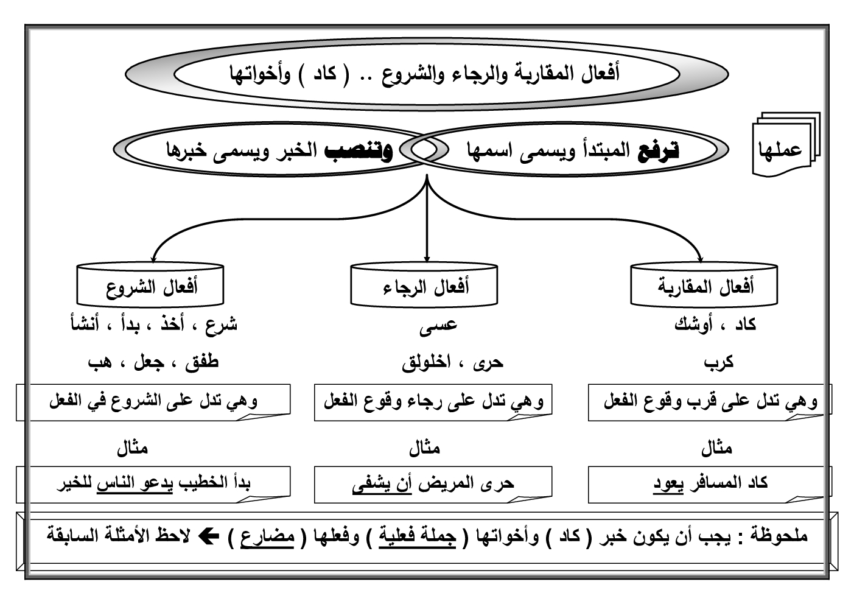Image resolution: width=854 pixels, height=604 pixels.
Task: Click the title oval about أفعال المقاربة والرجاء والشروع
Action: click(427, 75)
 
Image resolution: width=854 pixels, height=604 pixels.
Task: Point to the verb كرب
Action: click(719, 362)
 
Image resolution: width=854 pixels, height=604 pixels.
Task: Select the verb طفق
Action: click(201, 362)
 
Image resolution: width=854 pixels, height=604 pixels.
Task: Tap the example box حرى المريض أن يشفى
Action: click(433, 484)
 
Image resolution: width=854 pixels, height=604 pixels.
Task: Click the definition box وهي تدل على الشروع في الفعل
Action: click(152, 401)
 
